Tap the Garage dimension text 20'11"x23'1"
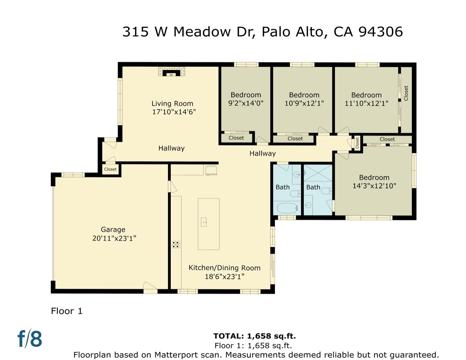114,238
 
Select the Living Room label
172,104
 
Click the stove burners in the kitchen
176,245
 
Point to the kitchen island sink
204,222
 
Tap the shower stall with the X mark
318,173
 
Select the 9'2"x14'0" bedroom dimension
246,103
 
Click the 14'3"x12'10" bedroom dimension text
374,186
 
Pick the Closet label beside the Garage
110,169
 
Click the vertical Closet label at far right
406,93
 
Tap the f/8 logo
30,339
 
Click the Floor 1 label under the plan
67,311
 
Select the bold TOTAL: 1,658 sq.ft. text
254,336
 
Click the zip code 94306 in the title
381,32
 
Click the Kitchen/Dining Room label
224,268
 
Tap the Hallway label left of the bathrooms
263,153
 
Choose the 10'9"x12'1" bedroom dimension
304,103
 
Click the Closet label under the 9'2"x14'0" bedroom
236,138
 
